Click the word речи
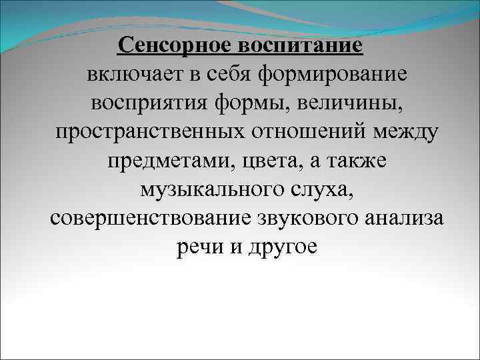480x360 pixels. (x=196, y=248)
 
